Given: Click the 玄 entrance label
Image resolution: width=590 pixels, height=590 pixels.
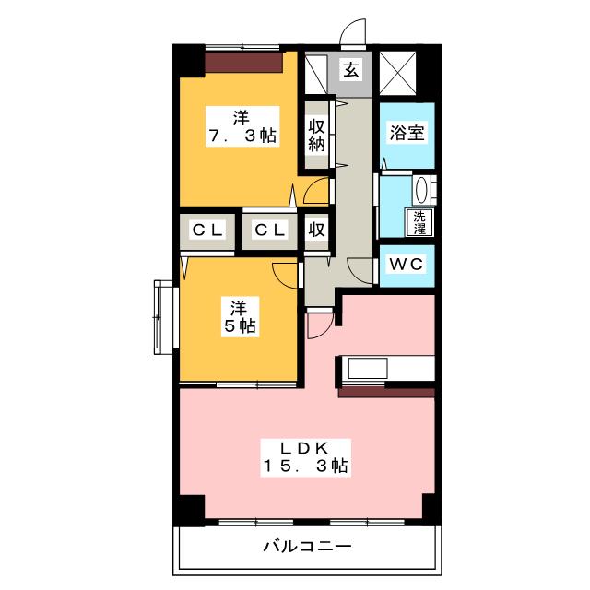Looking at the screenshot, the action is click(x=350, y=70).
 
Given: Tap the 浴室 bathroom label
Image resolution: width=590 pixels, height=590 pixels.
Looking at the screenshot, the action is click(x=407, y=133).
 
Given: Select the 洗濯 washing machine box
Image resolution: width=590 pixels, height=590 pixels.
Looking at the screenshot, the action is click(x=419, y=222).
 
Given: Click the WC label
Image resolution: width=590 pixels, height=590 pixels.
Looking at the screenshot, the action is click(x=407, y=264).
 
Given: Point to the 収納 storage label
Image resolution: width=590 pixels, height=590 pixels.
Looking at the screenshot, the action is click(x=316, y=136).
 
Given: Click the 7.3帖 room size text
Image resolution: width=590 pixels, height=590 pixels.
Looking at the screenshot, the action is click(x=242, y=136).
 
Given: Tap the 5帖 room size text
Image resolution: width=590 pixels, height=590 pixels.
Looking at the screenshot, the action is click(x=240, y=325).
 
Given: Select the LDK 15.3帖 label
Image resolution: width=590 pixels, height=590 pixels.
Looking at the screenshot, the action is click(x=305, y=457).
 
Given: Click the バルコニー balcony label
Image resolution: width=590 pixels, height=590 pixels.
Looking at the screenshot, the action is click(x=307, y=546).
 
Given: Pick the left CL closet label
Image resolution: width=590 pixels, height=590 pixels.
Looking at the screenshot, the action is click(x=207, y=230).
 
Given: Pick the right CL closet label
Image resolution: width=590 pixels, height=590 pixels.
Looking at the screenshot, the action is click(x=269, y=230).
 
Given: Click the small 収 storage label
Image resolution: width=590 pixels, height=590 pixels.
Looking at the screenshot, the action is click(x=316, y=230).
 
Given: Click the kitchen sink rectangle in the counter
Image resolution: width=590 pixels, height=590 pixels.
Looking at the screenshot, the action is click(x=368, y=369).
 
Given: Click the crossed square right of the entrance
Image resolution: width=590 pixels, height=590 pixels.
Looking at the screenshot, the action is click(x=397, y=73).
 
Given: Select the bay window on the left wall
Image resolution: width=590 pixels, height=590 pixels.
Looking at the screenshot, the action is click(x=165, y=317).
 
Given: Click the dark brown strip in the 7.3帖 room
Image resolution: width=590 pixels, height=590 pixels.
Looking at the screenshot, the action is click(x=243, y=62).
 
